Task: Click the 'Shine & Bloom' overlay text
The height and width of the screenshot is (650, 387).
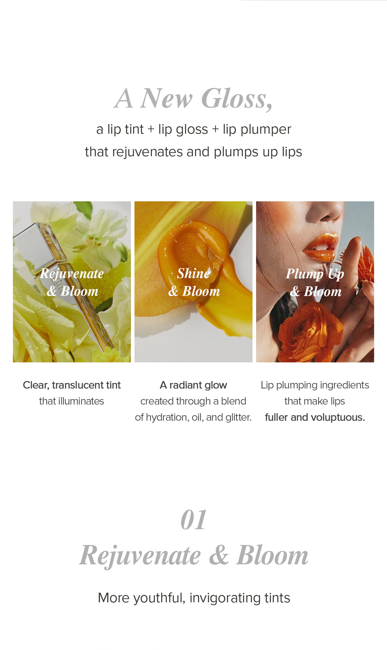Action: pyautogui.click(x=194, y=282)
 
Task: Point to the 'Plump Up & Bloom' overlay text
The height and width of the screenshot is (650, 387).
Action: pyautogui.click(x=315, y=282)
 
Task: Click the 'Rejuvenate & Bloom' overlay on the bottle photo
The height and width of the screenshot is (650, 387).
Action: pyautogui.click(x=72, y=282)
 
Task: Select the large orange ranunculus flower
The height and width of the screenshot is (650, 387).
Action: pyautogui.click(x=310, y=332)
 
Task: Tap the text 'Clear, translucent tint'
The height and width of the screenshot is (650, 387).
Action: pyautogui.click(x=72, y=385)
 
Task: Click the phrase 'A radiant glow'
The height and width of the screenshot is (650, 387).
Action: pyautogui.click(x=193, y=385)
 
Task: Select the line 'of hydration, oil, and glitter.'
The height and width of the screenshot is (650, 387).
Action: pyautogui.click(x=193, y=417)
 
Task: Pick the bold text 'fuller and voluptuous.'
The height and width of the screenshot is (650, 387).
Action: pyautogui.click(x=315, y=417)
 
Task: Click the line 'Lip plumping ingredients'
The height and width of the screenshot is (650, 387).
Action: pyautogui.click(x=315, y=385)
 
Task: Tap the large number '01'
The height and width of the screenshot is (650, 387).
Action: pyautogui.click(x=193, y=520)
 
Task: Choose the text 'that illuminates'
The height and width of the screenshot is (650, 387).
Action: pyautogui.click(x=72, y=401)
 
